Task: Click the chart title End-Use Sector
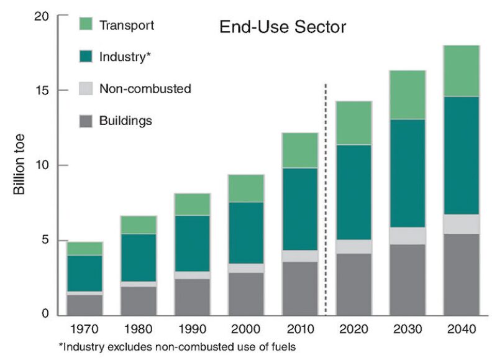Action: [x=282, y=27]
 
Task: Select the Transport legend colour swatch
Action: [x=86, y=25]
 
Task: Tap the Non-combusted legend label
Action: [x=145, y=89]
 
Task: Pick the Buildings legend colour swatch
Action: [x=86, y=121]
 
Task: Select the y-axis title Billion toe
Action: [x=19, y=165]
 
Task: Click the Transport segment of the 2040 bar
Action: [x=461, y=71]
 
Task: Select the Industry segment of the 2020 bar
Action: [x=353, y=192]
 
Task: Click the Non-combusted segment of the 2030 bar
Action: [x=408, y=236]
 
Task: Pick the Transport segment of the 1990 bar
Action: [x=193, y=204]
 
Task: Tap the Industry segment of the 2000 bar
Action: [x=246, y=233]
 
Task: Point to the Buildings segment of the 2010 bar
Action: [x=300, y=288]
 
